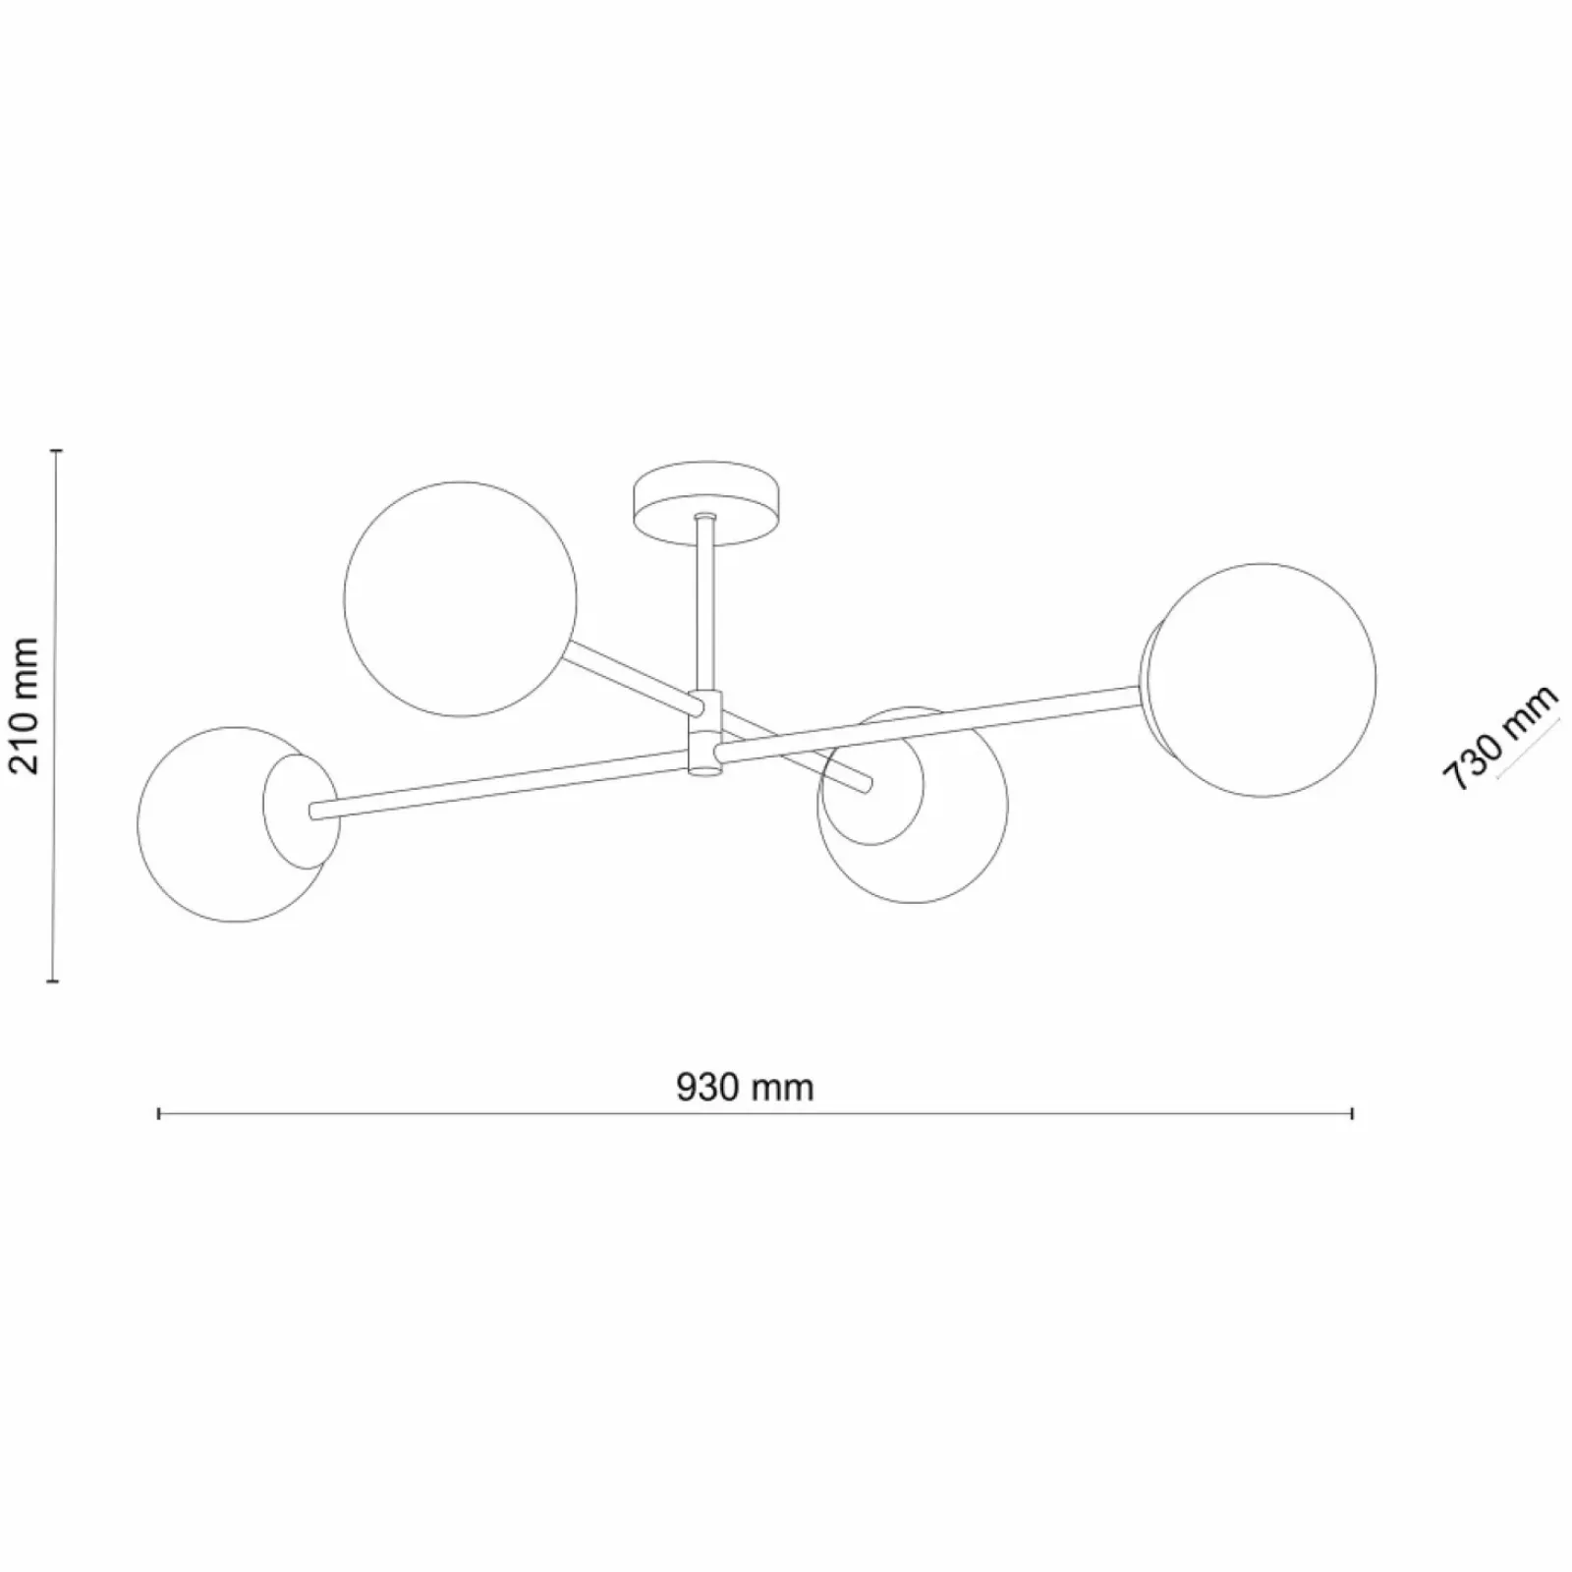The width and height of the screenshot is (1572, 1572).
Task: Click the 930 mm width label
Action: coord(746,1088)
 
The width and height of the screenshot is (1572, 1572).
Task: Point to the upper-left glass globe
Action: coord(460,598)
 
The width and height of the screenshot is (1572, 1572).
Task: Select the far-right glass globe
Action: coord(1262,680)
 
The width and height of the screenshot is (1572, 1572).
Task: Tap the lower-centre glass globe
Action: coord(913,805)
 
